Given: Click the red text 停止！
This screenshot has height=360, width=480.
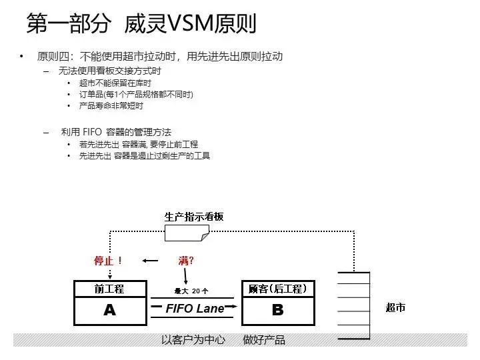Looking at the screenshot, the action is [109, 261].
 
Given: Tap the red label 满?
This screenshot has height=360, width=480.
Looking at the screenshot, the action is [187, 260].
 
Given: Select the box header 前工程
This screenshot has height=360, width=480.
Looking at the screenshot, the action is [110, 289].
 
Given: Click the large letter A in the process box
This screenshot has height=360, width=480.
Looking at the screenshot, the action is [110, 310].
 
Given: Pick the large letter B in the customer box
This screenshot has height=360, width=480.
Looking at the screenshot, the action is [277, 310].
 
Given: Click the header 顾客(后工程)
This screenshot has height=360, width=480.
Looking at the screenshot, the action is [277, 289].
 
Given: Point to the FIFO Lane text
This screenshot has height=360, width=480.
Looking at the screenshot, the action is [195, 309].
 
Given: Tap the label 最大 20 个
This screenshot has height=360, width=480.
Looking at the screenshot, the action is [191, 291].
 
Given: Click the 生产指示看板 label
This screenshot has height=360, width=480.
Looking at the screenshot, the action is [194, 217].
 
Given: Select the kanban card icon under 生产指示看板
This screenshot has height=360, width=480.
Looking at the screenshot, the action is [187, 233].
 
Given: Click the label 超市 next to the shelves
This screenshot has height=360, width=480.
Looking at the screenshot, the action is [395, 307].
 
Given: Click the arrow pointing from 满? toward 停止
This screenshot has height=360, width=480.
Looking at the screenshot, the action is [151, 261].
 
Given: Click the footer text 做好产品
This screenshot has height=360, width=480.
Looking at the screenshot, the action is [264, 340].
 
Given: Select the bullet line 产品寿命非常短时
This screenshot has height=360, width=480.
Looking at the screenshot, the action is [111, 105].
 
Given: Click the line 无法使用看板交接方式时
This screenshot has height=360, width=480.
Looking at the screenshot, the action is [110, 71].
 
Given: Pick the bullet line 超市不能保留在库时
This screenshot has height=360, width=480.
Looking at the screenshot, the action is [115, 83].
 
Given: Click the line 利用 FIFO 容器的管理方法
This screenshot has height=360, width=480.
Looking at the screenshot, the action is [116, 132].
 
